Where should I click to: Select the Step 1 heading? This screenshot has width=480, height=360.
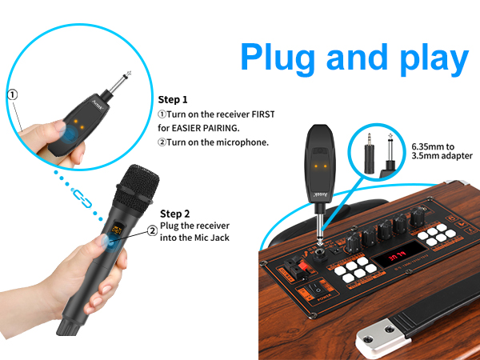tap(174, 100)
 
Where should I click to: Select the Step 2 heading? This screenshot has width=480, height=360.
tap(175, 214)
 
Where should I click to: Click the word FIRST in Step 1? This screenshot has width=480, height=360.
tap(261, 114)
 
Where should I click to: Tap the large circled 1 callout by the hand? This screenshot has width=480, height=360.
tap(12, 94)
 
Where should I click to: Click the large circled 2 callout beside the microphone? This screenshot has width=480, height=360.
tap(151, 231)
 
